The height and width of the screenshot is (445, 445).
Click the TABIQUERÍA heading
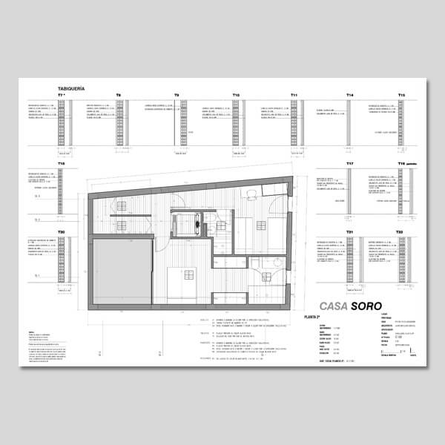72,89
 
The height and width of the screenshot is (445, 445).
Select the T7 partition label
62,96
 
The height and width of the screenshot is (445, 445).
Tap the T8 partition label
119,96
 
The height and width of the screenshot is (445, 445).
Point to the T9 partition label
177,96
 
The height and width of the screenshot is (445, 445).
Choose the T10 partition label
235,96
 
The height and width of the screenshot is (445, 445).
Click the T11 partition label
294,96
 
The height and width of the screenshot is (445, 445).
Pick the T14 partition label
350,96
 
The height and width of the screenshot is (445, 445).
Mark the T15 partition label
401,96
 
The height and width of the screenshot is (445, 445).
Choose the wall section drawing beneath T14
350,122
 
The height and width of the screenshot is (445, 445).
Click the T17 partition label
62,163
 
